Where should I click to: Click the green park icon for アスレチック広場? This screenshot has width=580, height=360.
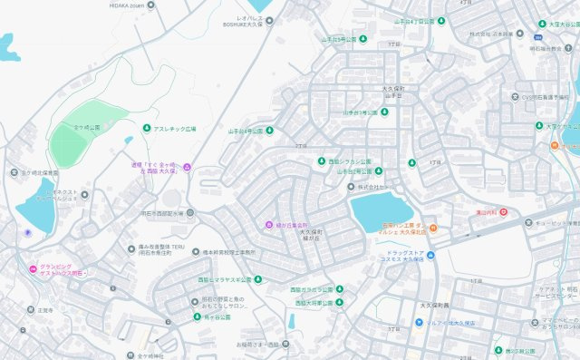click(146, 128)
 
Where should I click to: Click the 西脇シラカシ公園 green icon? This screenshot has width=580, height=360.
click(321, 161)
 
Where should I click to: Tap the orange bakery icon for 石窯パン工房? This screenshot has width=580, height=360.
click(433, 227)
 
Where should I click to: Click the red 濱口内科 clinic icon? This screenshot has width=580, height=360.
click(503, 213)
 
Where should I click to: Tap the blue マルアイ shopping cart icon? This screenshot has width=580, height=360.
click(419, 322)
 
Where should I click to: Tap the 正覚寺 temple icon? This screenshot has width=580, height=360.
click(30, 310)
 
